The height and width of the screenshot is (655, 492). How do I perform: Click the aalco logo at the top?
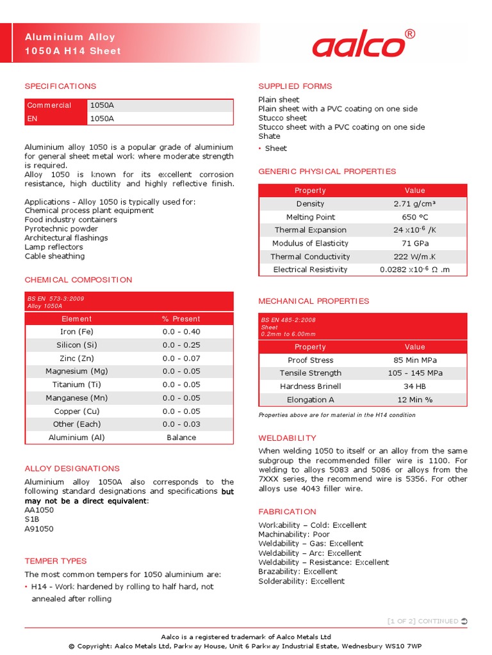point(359,45)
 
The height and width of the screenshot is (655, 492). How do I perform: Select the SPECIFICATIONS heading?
point(60,86)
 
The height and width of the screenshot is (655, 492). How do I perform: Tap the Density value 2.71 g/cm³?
point(414,203)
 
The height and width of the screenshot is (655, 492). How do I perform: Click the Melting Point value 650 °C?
point(414,217)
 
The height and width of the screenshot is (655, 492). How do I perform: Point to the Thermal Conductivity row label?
point(310,256)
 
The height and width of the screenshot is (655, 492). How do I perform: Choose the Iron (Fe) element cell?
point(76,331)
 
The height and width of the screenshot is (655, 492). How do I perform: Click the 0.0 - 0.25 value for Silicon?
point(181,345)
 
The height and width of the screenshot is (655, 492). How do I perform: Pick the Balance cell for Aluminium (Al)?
point(181,438)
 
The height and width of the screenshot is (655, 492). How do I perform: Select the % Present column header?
point(181,319)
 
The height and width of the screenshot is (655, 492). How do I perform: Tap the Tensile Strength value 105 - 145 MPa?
point(414,373)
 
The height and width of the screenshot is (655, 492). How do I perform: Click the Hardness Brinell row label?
point(310,386)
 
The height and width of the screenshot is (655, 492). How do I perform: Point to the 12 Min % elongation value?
point(414,400)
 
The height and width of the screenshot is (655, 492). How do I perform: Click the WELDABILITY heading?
point(287,438)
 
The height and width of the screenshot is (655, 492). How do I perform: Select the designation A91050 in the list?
point(39,529)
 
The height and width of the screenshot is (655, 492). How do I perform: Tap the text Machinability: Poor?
point(294,534)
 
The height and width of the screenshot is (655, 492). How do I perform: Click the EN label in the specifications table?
point(32,118)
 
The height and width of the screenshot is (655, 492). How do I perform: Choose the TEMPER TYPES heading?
point(56,561)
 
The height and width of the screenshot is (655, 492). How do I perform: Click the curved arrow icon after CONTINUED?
point(464,621)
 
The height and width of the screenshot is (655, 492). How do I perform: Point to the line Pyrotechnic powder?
point(61,228)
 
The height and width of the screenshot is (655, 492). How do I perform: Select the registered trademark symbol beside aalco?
point(411,34)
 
